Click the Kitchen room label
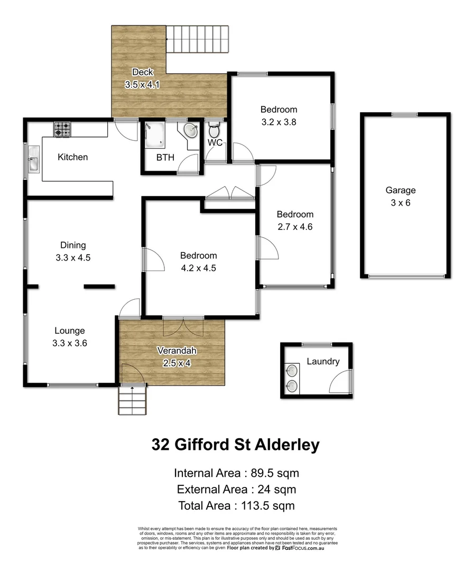click(x=72, y=157)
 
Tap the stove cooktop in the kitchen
click(x=62, y=128)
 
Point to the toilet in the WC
click(x=214, y=129)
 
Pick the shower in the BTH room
click(x=156, y=135)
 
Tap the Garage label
click(x=400, y=190)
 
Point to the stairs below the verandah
click(x=132, y=401)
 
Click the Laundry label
click(x=323, y=362)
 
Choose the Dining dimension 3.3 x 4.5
click(x=73, y=258)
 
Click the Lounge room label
click(x=70, y=331)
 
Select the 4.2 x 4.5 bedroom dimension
click(x=198, y=268)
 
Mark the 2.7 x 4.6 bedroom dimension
click(x=295, y=227)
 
